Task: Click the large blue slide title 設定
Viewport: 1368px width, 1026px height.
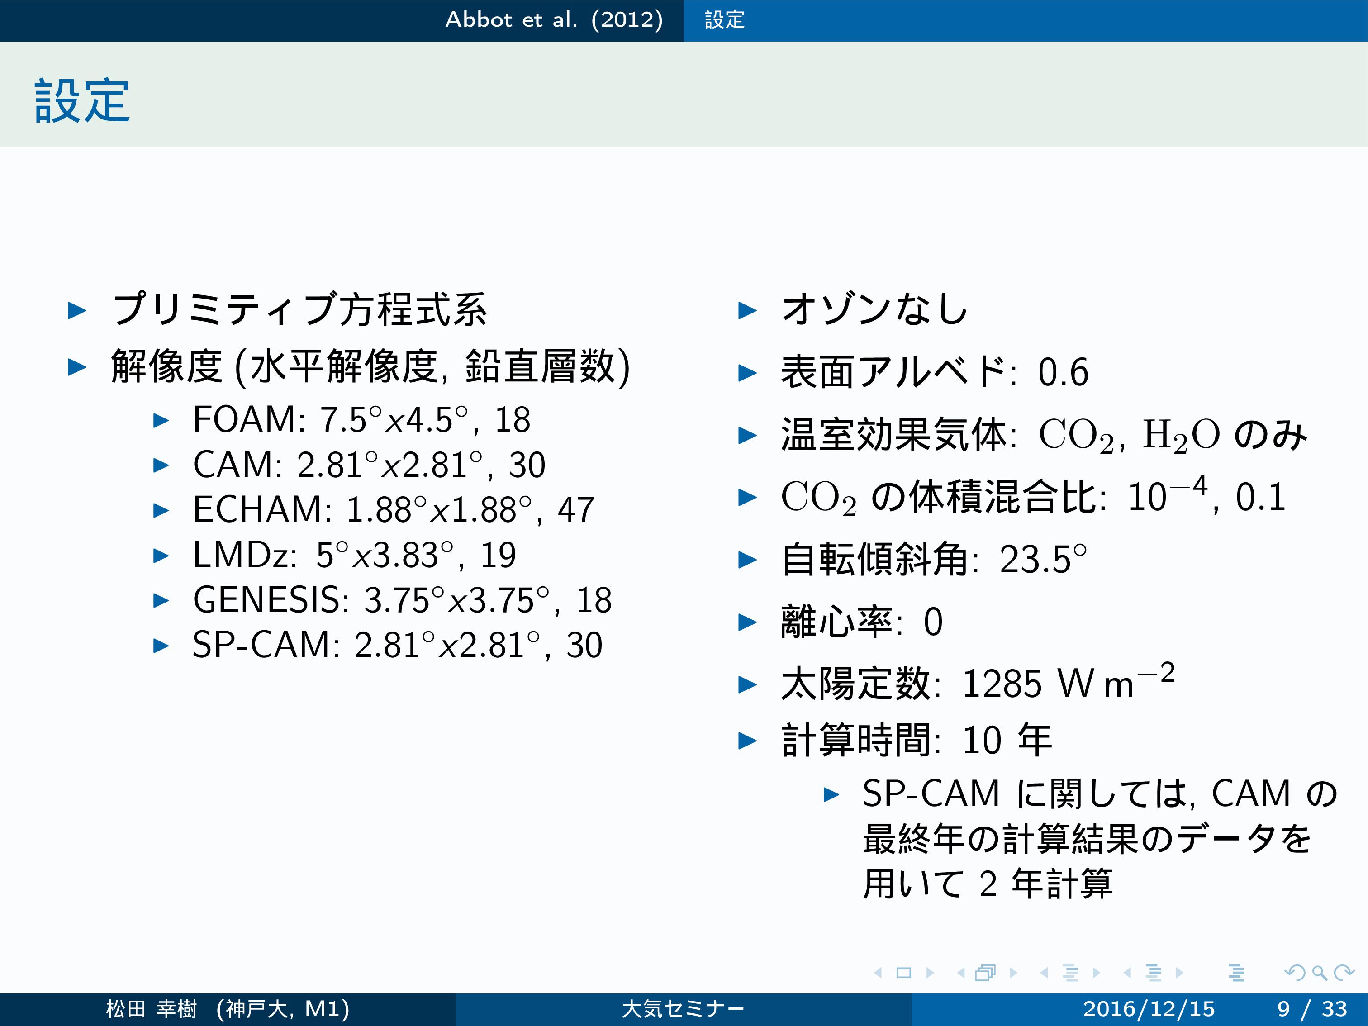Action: [x=82, y=100]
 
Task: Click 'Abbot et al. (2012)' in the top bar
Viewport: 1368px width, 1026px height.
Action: [x=554, y=20]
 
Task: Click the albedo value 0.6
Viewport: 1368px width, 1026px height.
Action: [x=1063, y=372]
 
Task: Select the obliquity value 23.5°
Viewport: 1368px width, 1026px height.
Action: [x=1043, y=559]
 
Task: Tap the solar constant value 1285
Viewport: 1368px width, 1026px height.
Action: [x=1002, y=684]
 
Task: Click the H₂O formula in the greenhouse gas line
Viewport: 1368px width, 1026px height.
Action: [x=1181, y=435]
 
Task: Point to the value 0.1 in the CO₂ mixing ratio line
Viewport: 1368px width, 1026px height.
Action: [x=1260, y=497]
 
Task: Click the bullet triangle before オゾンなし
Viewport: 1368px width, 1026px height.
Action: [x=748, y=310]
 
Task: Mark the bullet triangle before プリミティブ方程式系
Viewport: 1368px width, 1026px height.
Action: [x=77, y=310]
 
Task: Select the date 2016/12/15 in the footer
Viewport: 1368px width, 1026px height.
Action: [x=1149, y=1009]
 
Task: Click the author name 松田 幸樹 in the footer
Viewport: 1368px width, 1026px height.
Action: [x=152, y=1009]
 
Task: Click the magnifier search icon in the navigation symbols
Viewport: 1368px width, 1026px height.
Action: [x=1319, y=973]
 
